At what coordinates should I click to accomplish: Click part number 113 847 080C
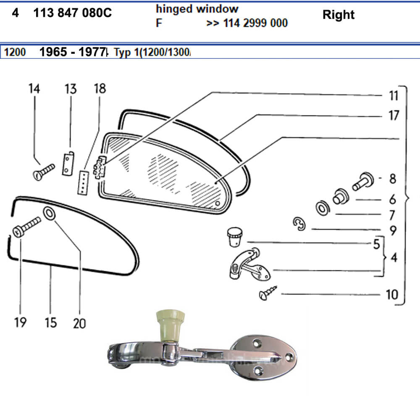72,13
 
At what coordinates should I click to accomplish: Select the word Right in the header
338,15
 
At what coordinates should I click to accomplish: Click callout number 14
34,89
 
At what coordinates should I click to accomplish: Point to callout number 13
71,89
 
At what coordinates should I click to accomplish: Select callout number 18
100,89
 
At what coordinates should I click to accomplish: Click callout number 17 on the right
393,115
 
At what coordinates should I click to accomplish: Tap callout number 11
393,96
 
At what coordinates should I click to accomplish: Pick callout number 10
391,294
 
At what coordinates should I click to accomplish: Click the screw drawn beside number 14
44,171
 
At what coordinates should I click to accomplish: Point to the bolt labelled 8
362,181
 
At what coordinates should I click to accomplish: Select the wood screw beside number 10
268,292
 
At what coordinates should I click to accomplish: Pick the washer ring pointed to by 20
49,214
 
